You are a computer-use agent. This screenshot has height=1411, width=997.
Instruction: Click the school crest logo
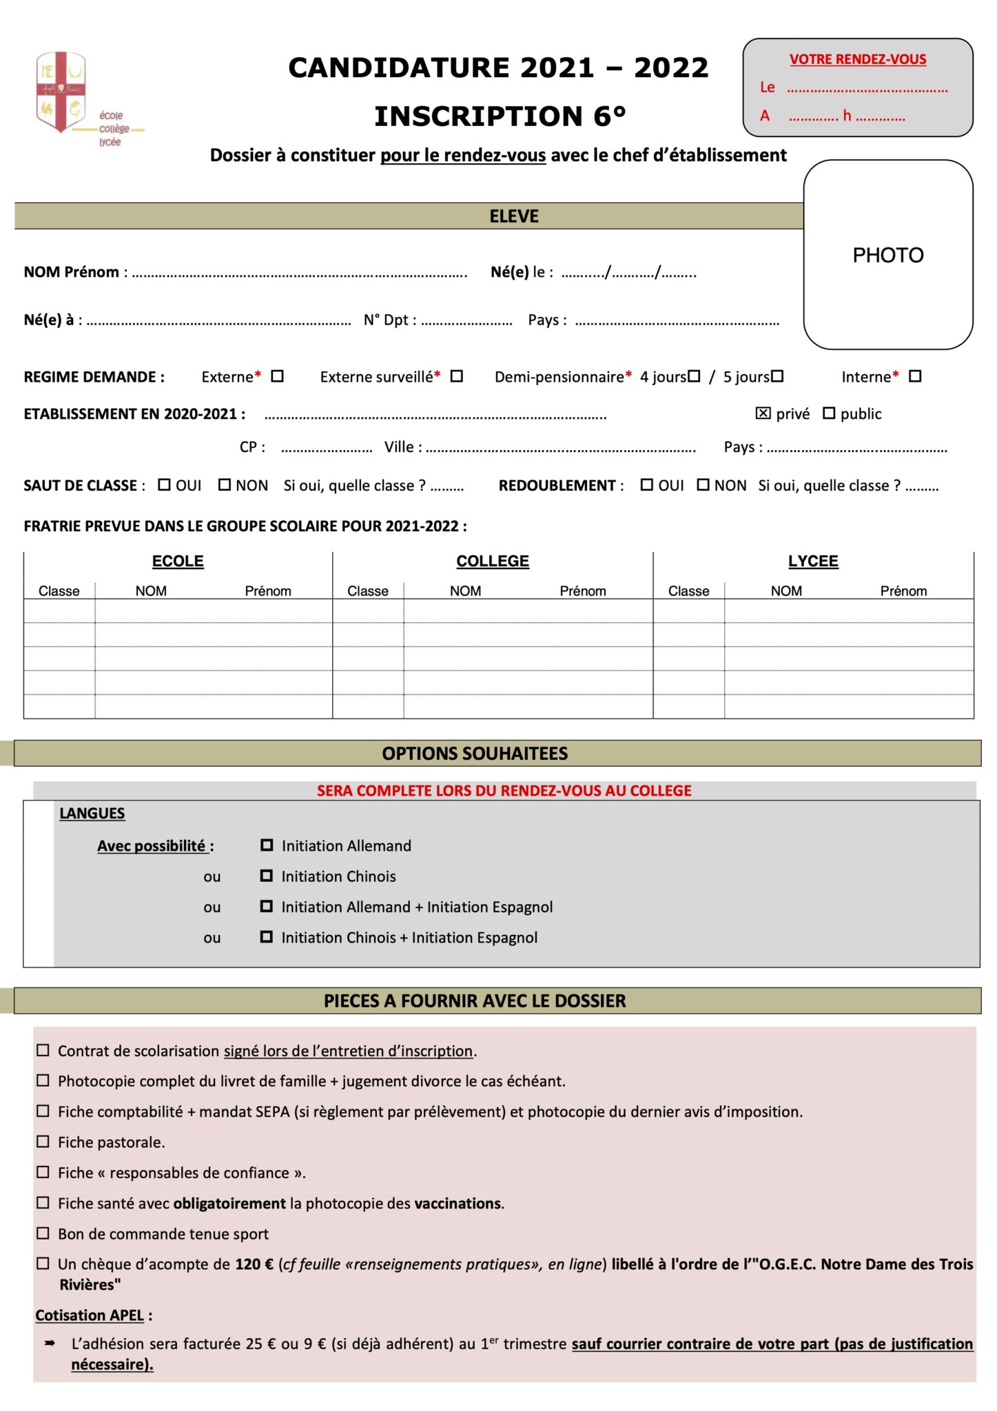click(x=61, y=91)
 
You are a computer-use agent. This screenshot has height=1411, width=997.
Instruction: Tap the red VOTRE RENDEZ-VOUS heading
click(x=857, y=59)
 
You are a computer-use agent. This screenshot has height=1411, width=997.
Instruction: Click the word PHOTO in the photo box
click(x=887, y=256)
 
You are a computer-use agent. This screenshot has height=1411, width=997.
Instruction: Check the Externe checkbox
click(x=277, y=376)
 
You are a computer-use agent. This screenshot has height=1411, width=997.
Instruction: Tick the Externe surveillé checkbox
click(x=456, y=376)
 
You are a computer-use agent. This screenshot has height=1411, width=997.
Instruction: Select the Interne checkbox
click(x=914, y=376)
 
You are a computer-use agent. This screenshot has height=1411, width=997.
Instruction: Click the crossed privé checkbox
click(x=763, y=413)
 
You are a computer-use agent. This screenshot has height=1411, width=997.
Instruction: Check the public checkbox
click(x=829, y=413)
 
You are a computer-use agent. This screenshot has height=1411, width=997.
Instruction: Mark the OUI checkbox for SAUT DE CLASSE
click(x=164, y=485)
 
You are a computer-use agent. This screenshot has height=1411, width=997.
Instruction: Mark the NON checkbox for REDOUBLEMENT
click(x=703, y=485)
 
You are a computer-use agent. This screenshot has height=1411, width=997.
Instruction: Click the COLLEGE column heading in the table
click(x=493, y=562)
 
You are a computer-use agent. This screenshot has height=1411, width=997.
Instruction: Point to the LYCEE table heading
click(x=813, y=562)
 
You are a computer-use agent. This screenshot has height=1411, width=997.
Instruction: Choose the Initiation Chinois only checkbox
click(x=267, y=876)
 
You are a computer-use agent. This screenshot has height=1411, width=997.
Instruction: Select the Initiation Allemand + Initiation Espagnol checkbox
click(x=267, y=907)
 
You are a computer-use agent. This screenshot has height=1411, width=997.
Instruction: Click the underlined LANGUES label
click(x=92, y=814)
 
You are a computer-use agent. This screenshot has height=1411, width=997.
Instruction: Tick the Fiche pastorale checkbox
click(x=43, y=1142)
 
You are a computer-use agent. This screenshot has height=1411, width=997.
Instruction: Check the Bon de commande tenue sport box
click(x=43, y=1233)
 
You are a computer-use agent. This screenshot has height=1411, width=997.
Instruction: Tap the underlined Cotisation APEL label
click(x=90, y=1315)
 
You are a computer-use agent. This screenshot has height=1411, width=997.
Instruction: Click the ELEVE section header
click(x=514, y=216)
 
